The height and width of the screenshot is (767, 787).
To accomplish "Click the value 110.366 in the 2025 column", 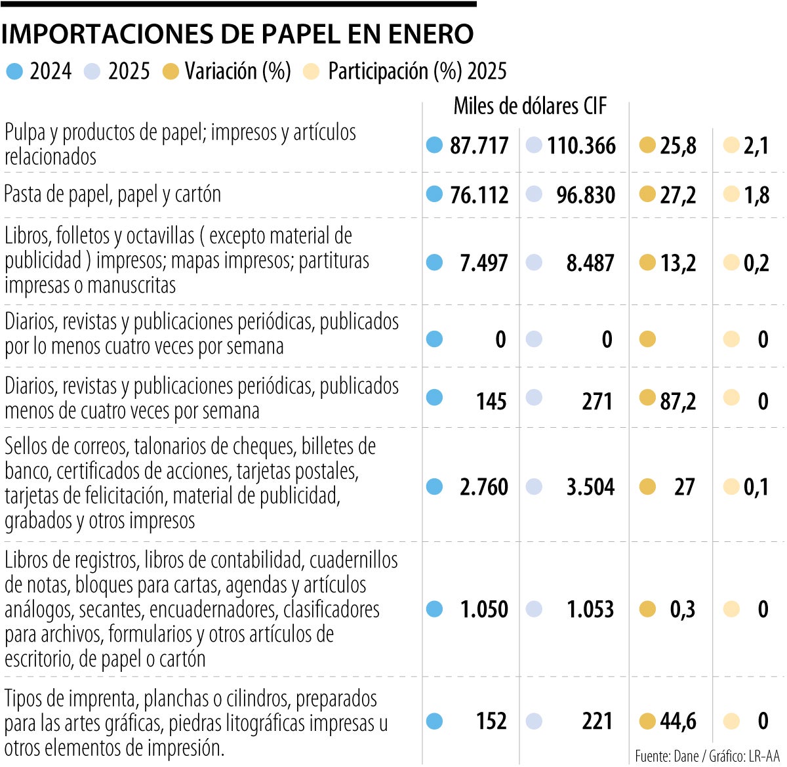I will click(581, 146).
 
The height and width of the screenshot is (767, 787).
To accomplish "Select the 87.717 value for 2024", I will click(479, 146).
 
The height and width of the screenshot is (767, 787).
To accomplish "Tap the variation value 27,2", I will click(677, 196).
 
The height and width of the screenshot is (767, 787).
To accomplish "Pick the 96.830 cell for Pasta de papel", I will click(586, 196).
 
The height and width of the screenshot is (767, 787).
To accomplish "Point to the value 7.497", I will click(484, 263).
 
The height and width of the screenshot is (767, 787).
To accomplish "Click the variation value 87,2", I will click(677, 401).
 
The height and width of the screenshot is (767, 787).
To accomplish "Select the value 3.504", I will click(590, 487).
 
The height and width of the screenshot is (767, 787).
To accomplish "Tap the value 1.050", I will click(484, 610).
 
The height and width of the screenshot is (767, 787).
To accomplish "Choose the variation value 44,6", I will click(677, 722).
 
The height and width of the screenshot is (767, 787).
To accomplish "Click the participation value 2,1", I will click(756, 146).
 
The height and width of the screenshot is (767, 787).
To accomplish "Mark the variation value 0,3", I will click(682, 610).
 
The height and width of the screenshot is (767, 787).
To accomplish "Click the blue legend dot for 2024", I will click(14, 72).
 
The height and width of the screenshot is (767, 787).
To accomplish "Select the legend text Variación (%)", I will click(237, 72).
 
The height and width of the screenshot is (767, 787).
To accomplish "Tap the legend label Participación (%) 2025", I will click(417, 72).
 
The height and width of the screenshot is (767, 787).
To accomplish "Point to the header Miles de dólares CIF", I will click(530, 106).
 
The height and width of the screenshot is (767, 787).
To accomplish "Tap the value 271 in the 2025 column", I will click(597, 401).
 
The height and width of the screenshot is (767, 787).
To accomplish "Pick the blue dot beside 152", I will click(434, 722).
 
